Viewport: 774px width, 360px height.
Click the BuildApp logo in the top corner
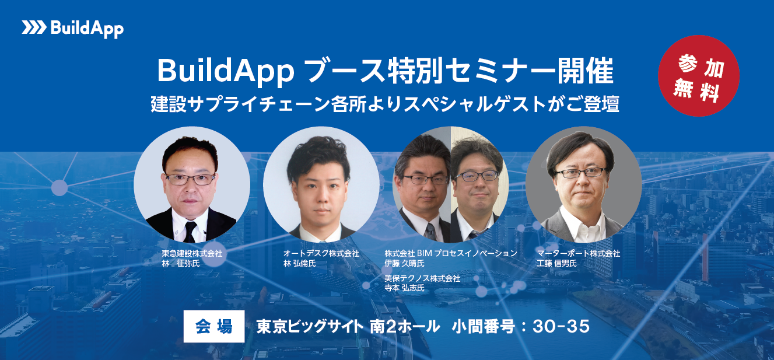pos(73,28)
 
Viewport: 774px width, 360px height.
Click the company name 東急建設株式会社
pos(192,254)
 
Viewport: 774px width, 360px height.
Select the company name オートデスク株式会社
pos(321,254)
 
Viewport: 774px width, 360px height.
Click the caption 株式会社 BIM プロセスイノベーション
pos(451,253)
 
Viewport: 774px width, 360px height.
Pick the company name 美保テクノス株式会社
pos(422,278)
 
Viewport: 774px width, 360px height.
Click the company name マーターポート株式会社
pos(578,254)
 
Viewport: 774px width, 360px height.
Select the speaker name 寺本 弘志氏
pos(404,288)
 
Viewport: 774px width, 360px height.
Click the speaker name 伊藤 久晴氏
pos(404,263)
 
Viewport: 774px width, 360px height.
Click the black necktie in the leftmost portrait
pos(190,232)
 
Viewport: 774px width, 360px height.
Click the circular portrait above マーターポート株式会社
pos(583,184)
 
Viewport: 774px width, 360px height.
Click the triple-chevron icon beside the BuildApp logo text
pos(34,28)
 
